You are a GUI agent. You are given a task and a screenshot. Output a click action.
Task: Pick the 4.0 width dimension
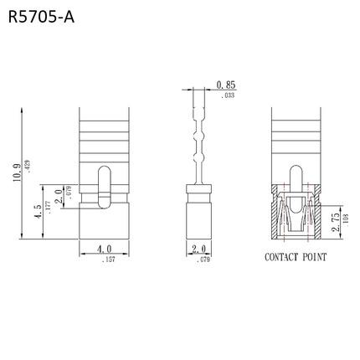103,249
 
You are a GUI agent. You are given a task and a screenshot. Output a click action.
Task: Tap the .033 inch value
226,96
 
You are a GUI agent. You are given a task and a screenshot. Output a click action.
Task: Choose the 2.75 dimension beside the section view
334,220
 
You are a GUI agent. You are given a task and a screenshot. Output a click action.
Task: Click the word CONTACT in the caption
285,258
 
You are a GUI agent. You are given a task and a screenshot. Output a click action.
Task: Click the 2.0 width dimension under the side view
198,249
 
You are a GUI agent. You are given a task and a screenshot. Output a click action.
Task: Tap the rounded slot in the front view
103,186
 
